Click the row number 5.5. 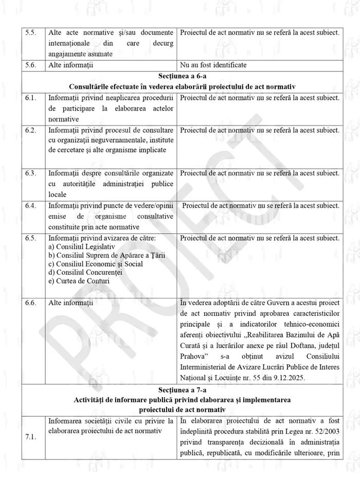click(31, 33)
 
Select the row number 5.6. click(31, 65)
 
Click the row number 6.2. click(31, 130)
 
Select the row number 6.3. click(31, 173)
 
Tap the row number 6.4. click(31, 206)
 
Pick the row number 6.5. click(31, 238)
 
